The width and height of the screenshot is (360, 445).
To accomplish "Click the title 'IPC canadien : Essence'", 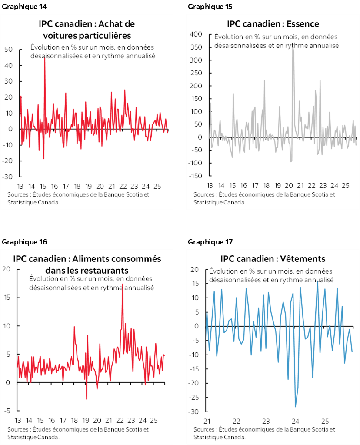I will [x=273, y=23].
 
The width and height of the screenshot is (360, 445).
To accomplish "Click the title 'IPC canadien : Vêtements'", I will [x=273, y=259].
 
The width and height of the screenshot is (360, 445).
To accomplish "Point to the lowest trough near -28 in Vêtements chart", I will [x=296, y=406].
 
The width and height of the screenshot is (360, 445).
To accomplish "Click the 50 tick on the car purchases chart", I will [x=8, y=49].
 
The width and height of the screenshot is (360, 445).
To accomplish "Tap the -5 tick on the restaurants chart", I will [x=7, y=411].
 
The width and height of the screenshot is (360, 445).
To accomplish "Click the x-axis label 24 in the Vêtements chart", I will [x=295, y=422].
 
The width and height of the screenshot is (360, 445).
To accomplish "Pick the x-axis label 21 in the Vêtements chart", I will [x=207, y=422].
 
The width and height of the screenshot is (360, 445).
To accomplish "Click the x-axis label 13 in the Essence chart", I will [x=210, y=185].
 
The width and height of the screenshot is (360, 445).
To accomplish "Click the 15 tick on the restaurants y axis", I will [x=7, y=298].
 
